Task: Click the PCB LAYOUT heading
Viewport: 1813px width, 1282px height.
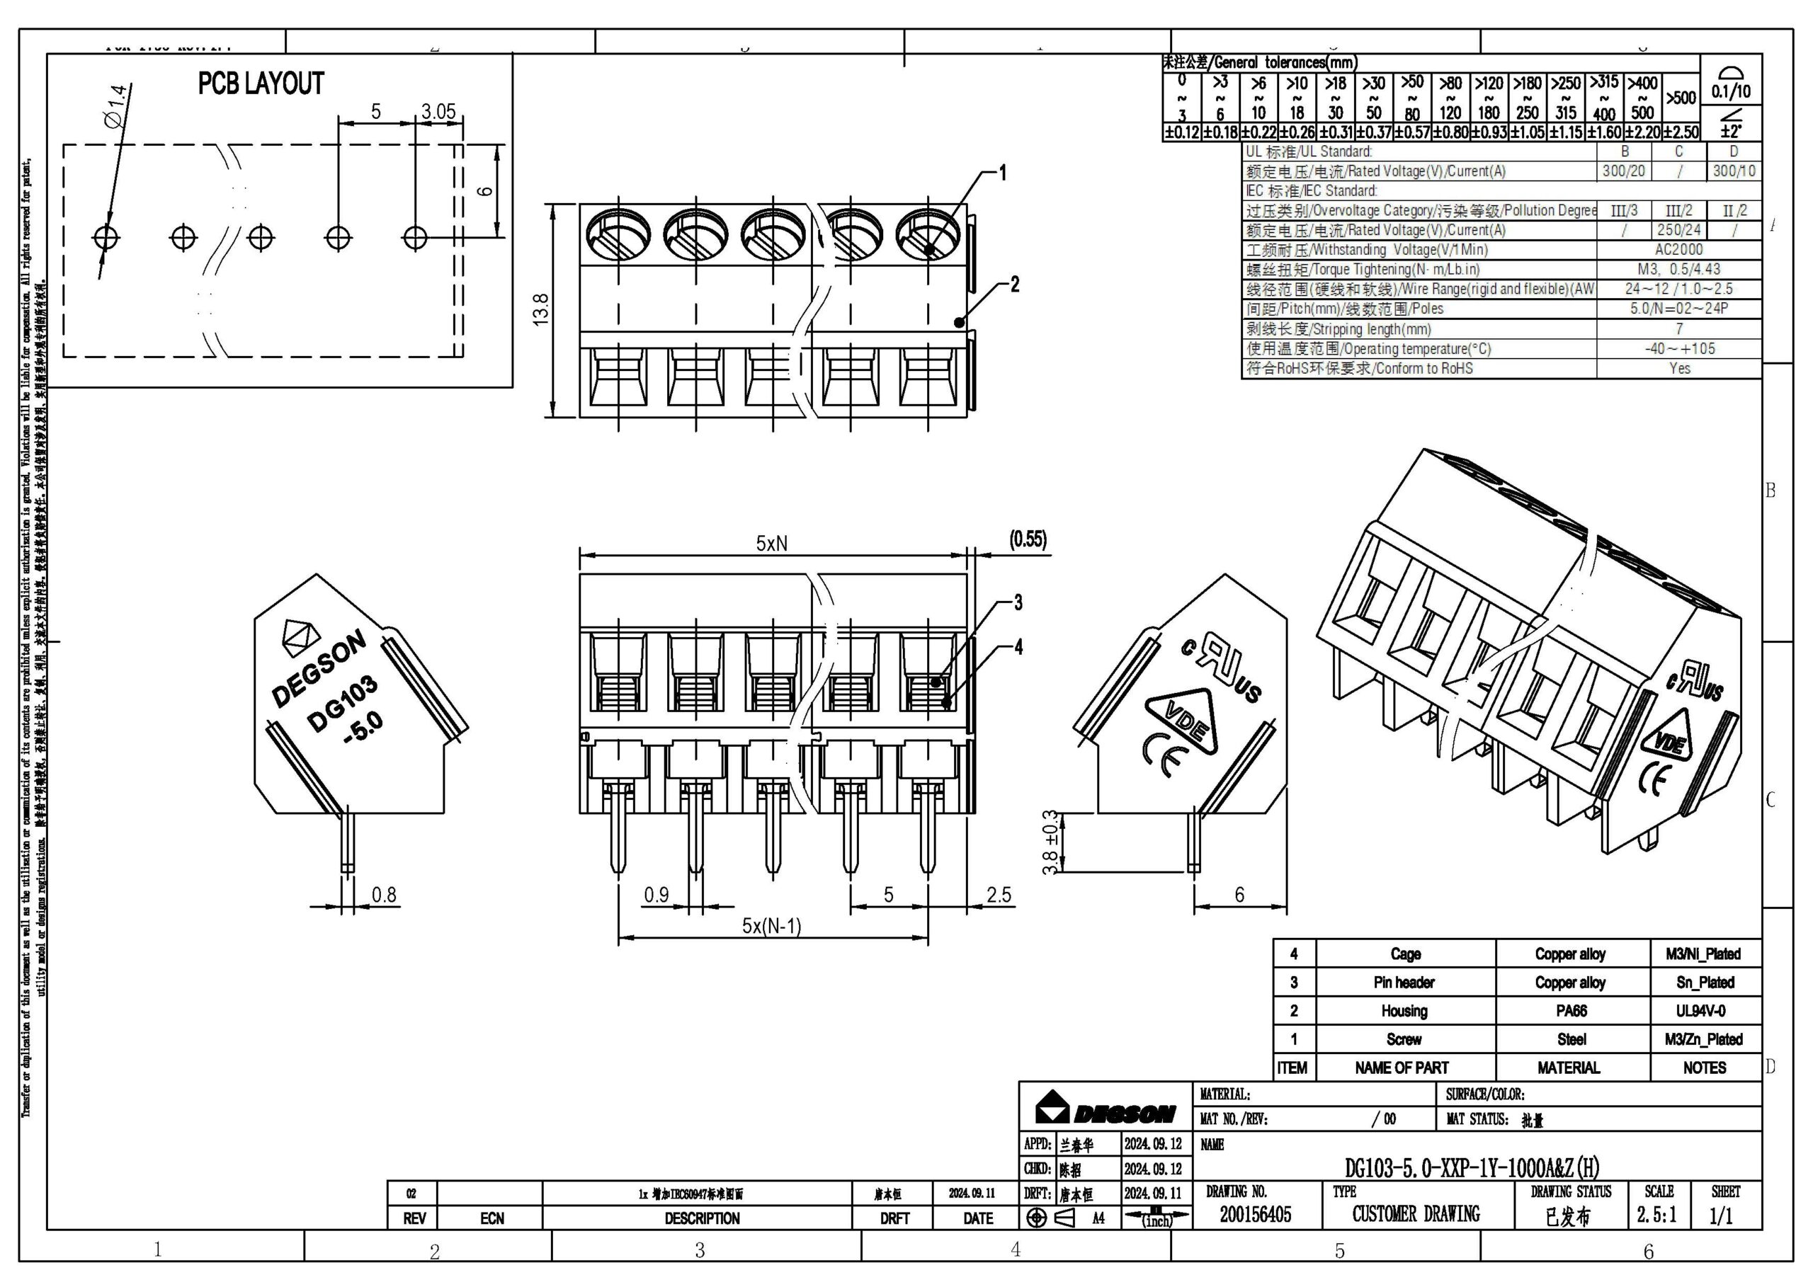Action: coord(261,84)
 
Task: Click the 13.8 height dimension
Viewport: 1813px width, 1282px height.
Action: coord(541,310)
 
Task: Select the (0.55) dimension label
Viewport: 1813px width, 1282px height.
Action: coord(1028,540)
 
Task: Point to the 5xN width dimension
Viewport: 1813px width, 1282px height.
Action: coord(771,544)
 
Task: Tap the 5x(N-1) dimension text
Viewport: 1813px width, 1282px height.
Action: coord(771,925)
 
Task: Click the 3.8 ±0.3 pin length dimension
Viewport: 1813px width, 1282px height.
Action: coord(1050,842)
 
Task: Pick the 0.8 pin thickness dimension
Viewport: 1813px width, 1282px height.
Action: coord(384,894)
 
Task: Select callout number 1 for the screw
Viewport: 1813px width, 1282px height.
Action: coord(1003,173)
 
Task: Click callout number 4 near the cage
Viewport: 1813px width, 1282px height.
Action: coord(1018,647)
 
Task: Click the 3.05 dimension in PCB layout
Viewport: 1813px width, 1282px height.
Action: coord(438,112)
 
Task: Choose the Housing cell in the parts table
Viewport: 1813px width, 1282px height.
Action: coord(1404,1010)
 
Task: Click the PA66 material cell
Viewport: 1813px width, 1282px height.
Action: coord(1571,1010)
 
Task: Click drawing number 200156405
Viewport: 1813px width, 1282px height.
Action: coord(1255,1214)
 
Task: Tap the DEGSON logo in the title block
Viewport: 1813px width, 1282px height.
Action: coord(1105,1109)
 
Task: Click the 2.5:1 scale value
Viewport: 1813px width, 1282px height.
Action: coord(1656,1214)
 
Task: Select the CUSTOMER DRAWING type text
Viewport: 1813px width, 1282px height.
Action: coord(1415,1214)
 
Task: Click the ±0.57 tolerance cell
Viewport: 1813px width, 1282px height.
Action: coord(1412,132)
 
